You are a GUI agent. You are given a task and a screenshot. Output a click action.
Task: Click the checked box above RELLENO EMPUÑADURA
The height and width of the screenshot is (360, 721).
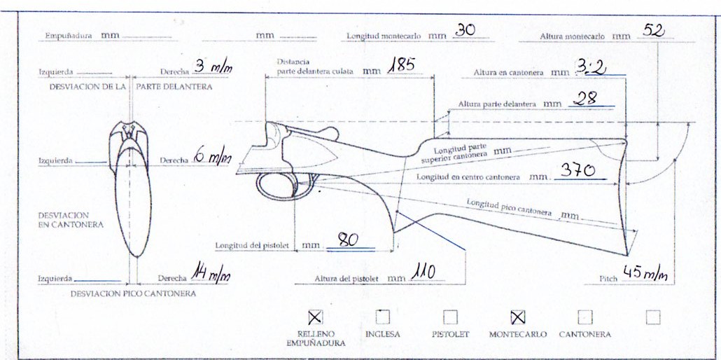(x=315, y=317)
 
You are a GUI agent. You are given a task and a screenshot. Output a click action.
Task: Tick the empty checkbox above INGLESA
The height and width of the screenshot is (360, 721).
(x=383, y=317)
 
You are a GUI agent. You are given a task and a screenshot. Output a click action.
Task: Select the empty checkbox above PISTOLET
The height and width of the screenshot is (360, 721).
(x=450, y=317)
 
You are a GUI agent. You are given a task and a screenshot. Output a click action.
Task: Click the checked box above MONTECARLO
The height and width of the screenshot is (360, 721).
(x=518, y=317)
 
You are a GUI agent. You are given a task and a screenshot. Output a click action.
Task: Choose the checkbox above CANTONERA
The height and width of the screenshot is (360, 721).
(x=585, y=317)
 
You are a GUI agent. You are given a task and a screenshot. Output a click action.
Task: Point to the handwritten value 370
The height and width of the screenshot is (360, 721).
(x=577, y=172)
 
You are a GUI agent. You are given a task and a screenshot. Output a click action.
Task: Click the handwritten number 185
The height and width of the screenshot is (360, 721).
(x=401, y=65)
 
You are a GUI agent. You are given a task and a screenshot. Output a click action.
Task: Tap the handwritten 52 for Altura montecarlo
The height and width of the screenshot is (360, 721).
(x=653, y=30)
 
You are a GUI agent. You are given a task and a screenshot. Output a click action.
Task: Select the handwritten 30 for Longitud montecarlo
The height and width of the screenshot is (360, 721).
(x=464, y=30)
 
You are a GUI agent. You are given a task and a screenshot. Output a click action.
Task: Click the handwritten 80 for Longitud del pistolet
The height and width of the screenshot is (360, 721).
(x=349, y=240)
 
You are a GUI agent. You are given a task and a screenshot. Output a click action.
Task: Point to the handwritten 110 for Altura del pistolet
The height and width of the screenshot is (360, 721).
(x=423, y=272)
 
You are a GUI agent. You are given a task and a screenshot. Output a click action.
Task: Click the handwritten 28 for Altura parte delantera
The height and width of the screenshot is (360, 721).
(x=585, y=98)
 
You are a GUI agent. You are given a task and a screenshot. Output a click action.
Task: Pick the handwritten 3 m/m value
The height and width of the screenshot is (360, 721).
(x=213, y=67)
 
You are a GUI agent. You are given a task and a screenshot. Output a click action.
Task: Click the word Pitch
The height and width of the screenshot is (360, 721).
(x=608, y=279)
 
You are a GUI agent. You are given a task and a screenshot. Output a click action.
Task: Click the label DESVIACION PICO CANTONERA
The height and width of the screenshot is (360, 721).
(x=133, y=293)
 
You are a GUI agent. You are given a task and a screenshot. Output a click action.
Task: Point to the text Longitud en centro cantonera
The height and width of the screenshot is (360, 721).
(x=468, y=176)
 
